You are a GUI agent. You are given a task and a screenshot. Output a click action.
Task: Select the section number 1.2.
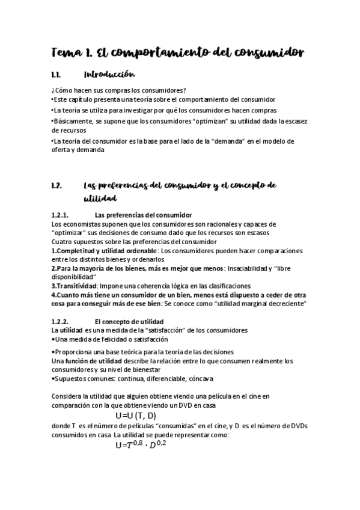(58, 185)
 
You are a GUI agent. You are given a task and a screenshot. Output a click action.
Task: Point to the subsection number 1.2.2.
(61, 321)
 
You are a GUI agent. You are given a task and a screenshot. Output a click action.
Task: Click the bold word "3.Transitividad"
(75, 286)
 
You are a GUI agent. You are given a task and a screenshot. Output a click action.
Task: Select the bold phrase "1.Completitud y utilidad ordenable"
(104, 251)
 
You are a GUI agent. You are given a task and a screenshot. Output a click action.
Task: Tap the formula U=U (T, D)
(135, 416)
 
